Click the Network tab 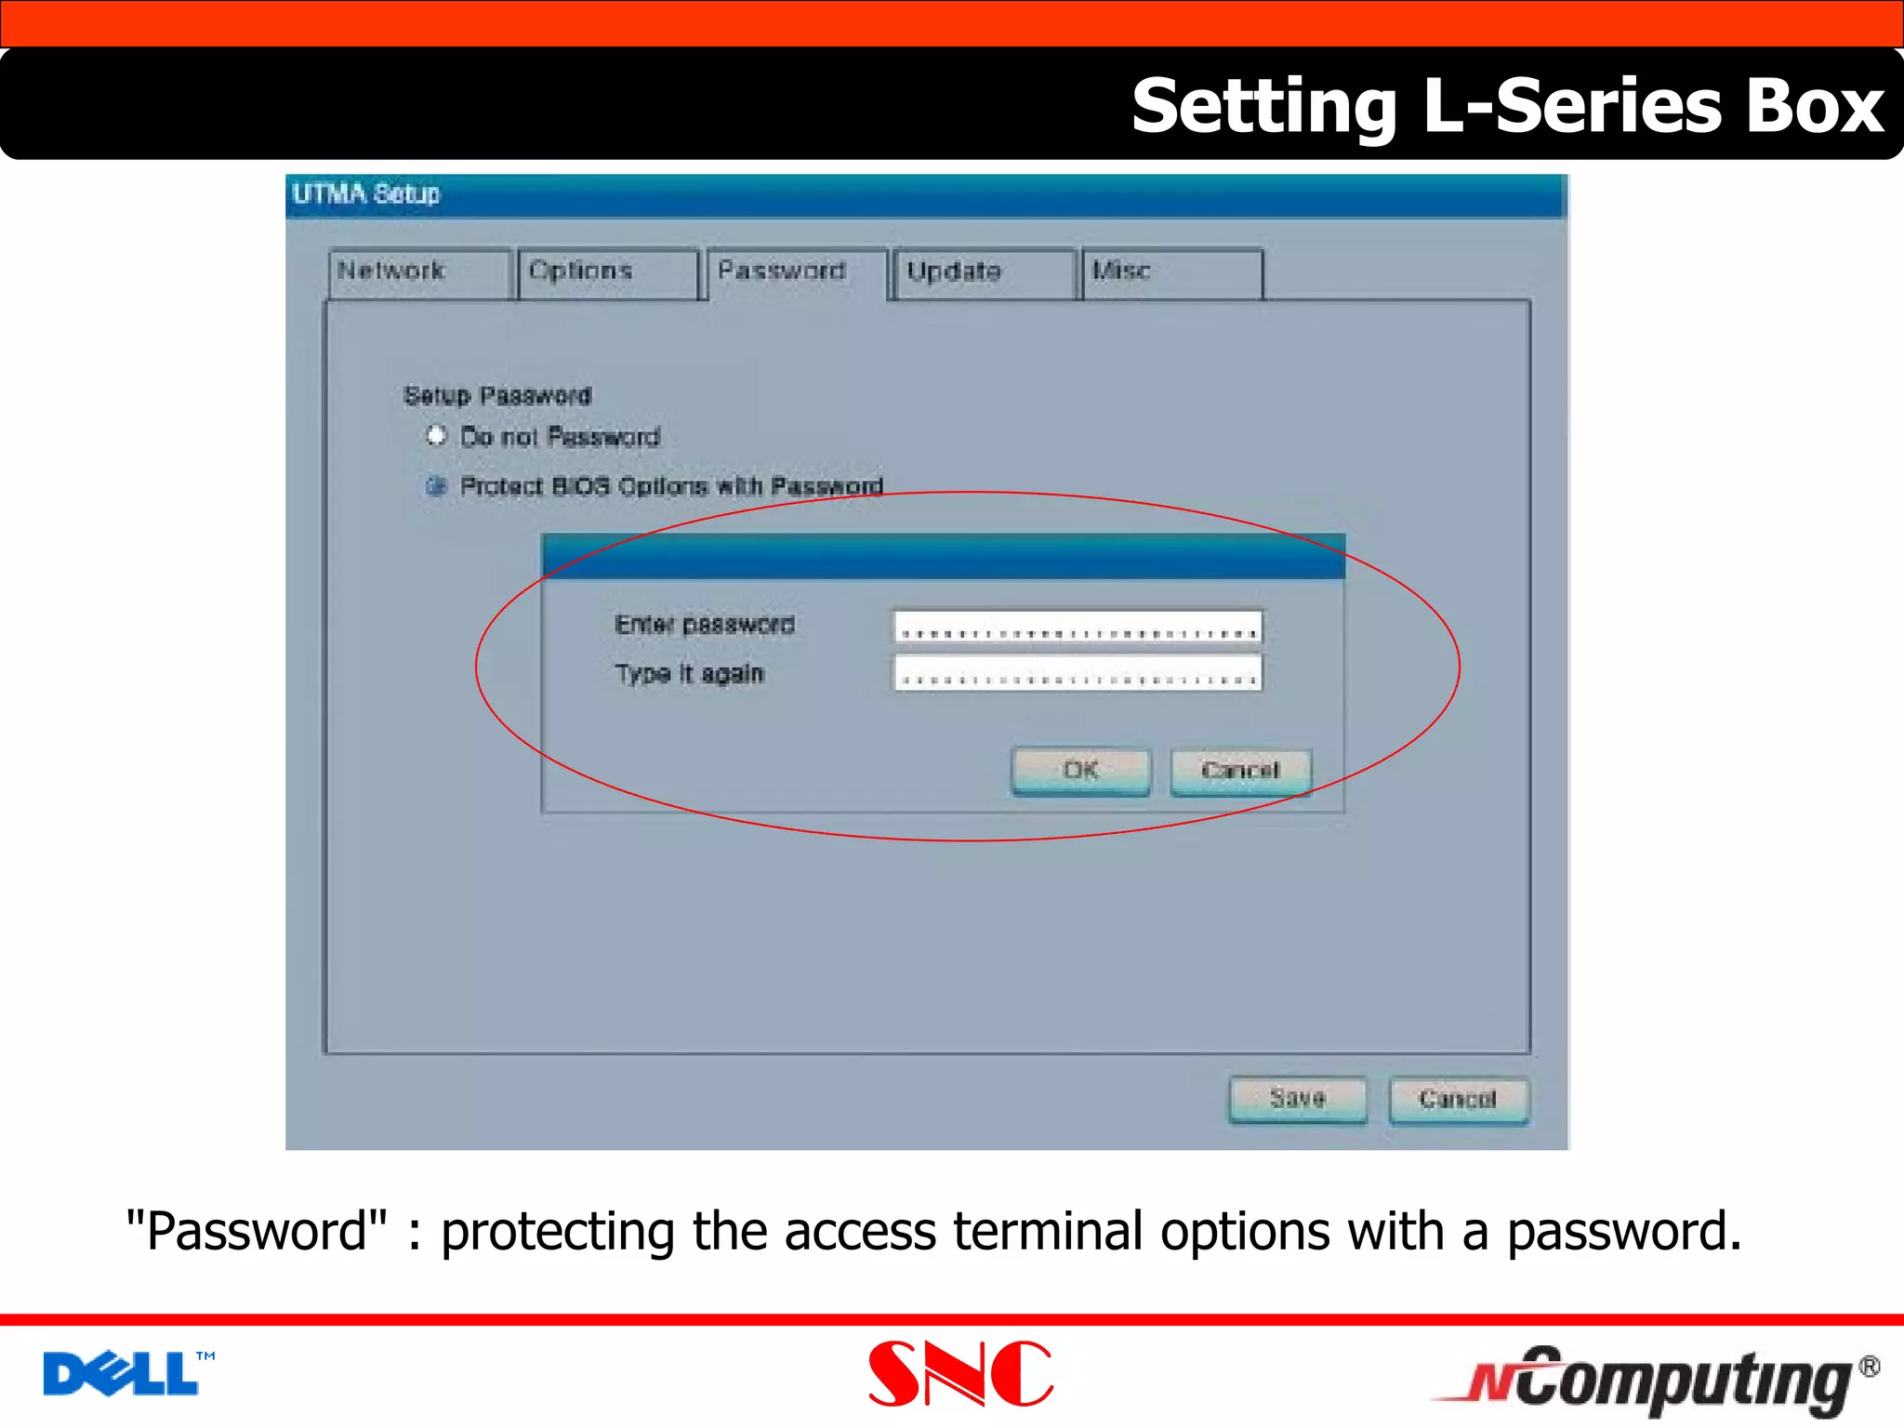click(x=419, y=272)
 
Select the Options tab click(x=608, y=272)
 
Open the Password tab click(x=797, y=271)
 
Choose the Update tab click(x=983, y=272)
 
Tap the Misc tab click(x=1171, y=272)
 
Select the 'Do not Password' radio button click(x=436, y=436)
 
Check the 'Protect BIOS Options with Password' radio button click(x=436, y=486)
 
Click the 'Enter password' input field click(x=1078, y=628)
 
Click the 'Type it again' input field click(x=1078, y=673)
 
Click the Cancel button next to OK click(x=1240, y=772)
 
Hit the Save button click(x=1298, y=1100)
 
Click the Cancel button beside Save click(x=1458, y=1100)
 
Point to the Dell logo click(x=126, y=1373)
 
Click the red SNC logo click(x=960, y=1373)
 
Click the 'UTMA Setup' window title click(x=366, y=194)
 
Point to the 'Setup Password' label click(x=497, y=396)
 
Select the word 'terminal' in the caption click(x=1048, y=1232)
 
